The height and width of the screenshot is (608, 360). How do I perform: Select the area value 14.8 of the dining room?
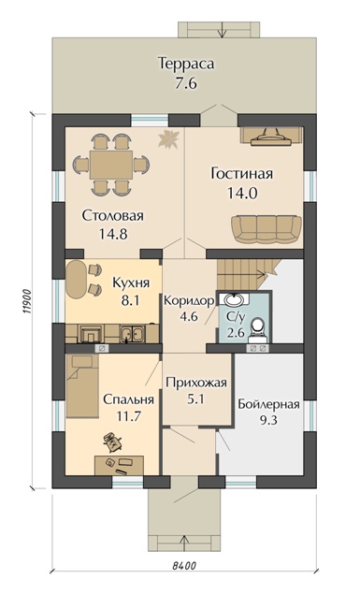point(105,236)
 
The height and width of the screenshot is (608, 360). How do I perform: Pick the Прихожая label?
point(194,383)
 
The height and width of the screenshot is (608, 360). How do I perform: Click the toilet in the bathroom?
point(259,328)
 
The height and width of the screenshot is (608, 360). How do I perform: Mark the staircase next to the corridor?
point(246,276)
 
